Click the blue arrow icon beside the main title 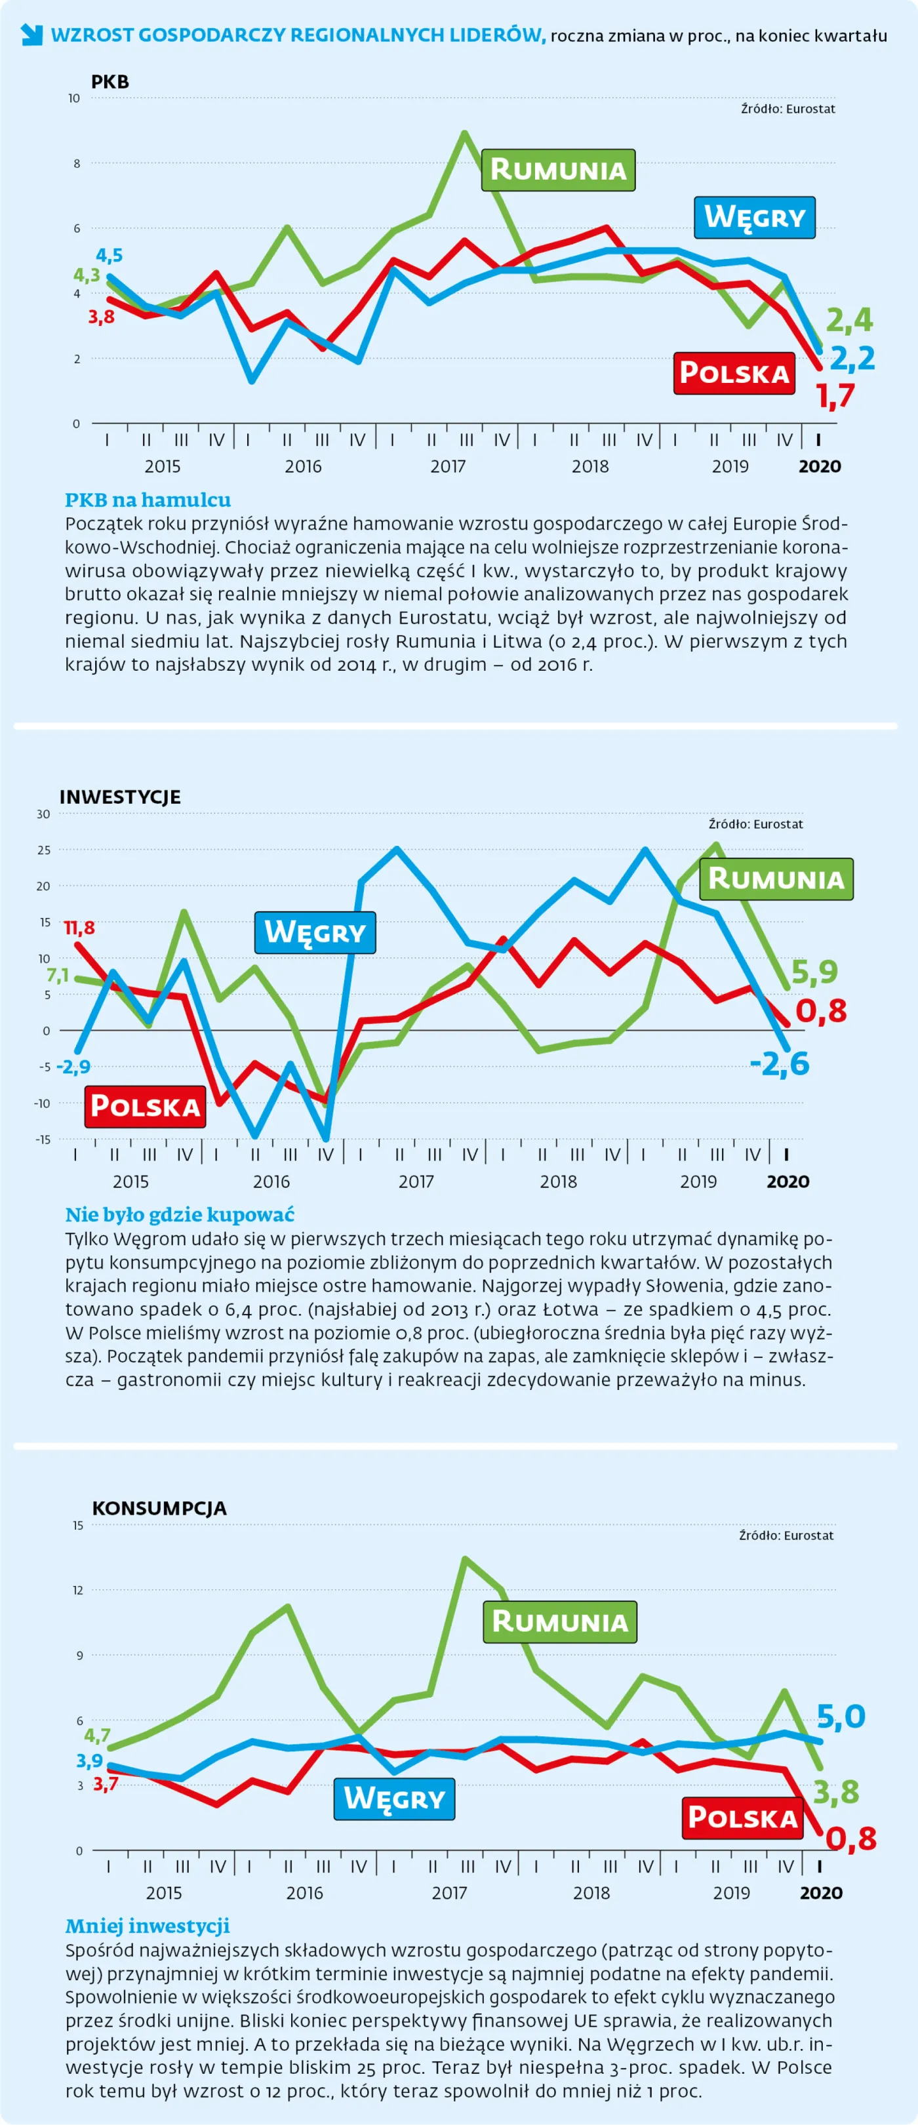pyautogui.click(x=31, y=35)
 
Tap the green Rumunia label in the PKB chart pyautogui.click(x=559, y=170)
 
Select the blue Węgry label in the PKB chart pyautogui.click(x=754, y=217)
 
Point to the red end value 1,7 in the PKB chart pyautogui.click(x=835, y=397)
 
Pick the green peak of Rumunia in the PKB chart pyautogui.click(x=465, y=134)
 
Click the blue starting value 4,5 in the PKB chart pyautogui.click(x=109, y=255)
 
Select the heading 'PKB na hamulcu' pyautogui.click(x=148, y=499)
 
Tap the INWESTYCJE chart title pyautogui.click(x=119, y=797)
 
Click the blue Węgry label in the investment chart pyautogui.click(x=314, y=932)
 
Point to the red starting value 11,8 pyautogui.click(x=79, y=928)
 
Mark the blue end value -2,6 pyautogui.click(x=780, y=1064)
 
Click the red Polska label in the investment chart pyautogui.click(x=145, y=1106)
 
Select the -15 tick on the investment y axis pyautogui.click(x=42, y=1140)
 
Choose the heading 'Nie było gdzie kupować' pyautogui.click(x=179, y=1214)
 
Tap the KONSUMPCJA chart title pyautogui.click(x=159, y=1508)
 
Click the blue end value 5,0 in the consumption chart pyautogui.click(x=841, y=1717)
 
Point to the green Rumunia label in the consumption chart pyautogui.click(x=560, y=1622)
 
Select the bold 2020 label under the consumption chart pyautogui.click(x=821, y=1893)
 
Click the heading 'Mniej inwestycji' pyautogui.click(x=147, y=1926)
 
